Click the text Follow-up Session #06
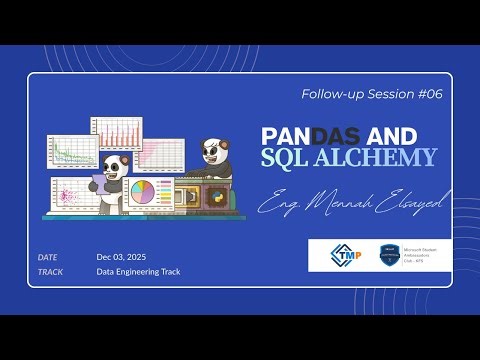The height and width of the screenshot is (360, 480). pyautogui.click(x=371, y=94)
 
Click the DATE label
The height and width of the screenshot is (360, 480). pyautogui.click(x=48, y=257)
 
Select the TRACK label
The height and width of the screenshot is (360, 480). pyautogui.click(x=51, y=271)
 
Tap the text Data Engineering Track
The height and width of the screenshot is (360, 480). pyautogui.click(x=138, y=271)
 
